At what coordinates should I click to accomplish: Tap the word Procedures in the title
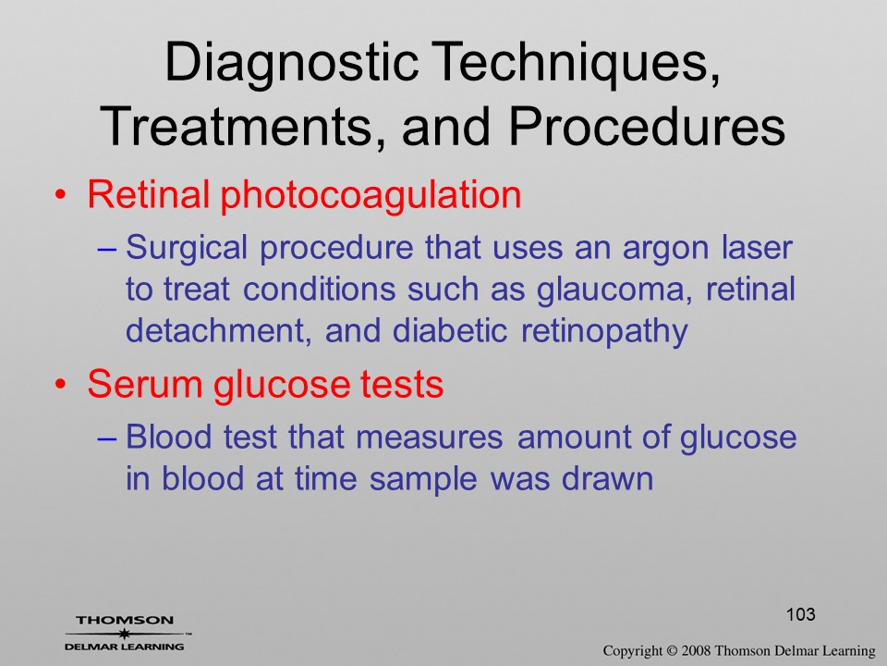click(x=647, y=126)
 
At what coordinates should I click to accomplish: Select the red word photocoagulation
click(x=371, y=195)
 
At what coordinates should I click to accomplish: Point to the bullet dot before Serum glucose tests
click(x=61, y=385)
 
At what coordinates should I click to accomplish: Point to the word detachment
click(x=218, y=330)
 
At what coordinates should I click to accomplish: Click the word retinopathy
click(x=604, y=332)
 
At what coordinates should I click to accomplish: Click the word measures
click(x=430, y=438)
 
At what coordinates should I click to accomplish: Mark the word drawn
click(x=607, y=478)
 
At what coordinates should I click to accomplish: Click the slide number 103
click(x=800, y=614)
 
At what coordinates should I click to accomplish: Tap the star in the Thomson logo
click(x=124, y=633)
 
